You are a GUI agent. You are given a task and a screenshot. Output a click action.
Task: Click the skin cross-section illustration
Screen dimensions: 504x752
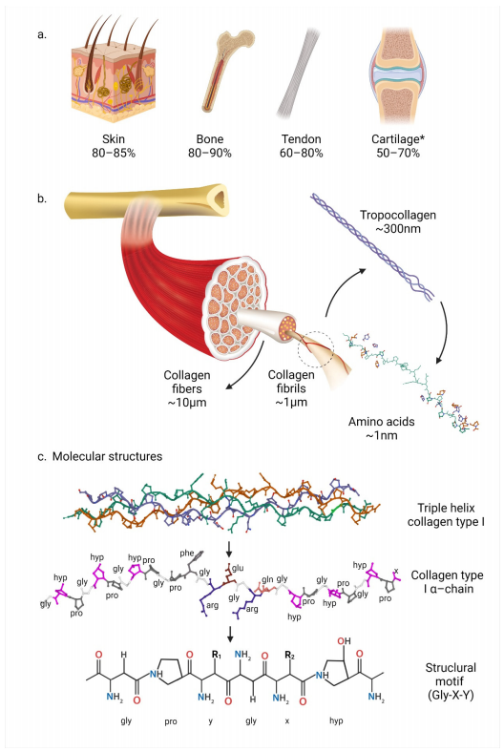115,72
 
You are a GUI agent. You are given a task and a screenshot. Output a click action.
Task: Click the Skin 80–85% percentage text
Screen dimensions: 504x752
114,153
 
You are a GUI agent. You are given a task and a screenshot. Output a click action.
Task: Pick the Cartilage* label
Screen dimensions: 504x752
398,139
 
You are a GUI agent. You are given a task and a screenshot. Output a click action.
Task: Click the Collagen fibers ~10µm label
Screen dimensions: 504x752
187,388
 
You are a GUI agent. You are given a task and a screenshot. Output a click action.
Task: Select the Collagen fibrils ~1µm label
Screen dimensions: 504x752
291,388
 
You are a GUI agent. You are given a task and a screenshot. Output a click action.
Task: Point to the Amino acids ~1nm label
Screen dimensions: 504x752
382,428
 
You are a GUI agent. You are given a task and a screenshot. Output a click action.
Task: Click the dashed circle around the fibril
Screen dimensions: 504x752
315,350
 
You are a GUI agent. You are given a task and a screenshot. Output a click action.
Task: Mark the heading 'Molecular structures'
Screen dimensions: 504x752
107,456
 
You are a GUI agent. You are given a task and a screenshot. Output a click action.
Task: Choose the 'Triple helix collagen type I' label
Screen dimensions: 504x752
446,514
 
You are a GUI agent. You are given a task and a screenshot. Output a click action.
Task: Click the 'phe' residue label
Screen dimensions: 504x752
187,553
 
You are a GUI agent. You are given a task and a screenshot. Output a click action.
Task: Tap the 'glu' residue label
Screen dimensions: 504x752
238,568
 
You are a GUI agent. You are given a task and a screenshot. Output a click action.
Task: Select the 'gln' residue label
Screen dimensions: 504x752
267,579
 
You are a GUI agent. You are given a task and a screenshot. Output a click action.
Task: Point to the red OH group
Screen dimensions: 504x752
344,640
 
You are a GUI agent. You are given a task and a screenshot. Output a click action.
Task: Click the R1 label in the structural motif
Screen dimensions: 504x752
217,654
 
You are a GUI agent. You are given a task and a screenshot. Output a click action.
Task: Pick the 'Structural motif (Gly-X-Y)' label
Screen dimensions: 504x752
451,681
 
